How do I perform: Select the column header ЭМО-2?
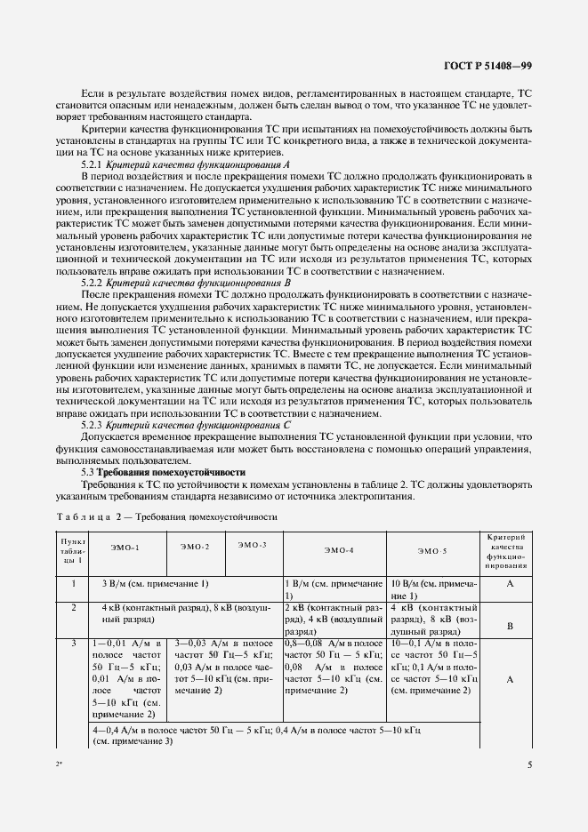tap(195, 546)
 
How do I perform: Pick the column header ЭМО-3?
tap(254, 543)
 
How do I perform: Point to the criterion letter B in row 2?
tap(510, 626)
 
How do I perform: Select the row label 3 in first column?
tap(71, 642)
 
